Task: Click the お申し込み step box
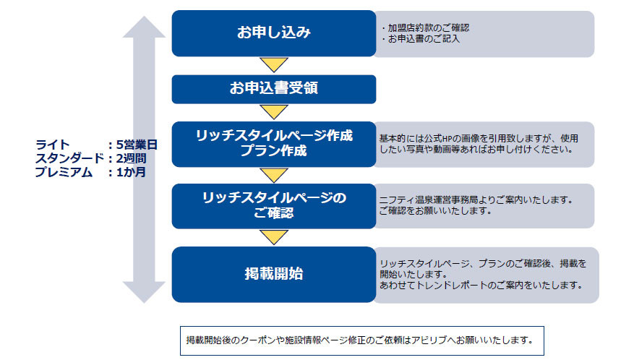pyautogui.click(x=274, y=33)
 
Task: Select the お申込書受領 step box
pyautogui.click(x=274, y=89)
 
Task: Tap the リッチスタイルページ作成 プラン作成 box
pyautogui.click(x=274, y=144)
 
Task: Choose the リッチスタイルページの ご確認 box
pyautogui.click(x=274, y=206)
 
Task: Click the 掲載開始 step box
pyautogui.click(x=274, y=274)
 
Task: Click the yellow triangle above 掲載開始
pyautogui.click(x=274, y=237)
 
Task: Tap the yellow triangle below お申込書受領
pyautogui.click(x=274, y=112)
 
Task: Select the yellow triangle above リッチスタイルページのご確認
pyautogui.click(x=274, y=175)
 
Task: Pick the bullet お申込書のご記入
pyautogui.click(x=421, y=39)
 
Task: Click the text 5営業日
pyautogui.click(x=137, y=145)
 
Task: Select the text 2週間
pyautogui.click(x=131, y=158)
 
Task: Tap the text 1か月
pyautogui.click(x=131, y=172)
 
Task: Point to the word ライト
pyautogui.click(x=53, y=145)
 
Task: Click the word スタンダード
pyautogui.click(x=70, y=158)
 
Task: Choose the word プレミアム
pyautogui.click(x=64, y=172)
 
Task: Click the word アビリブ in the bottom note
pyautogui.click(x=429, y=340)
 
